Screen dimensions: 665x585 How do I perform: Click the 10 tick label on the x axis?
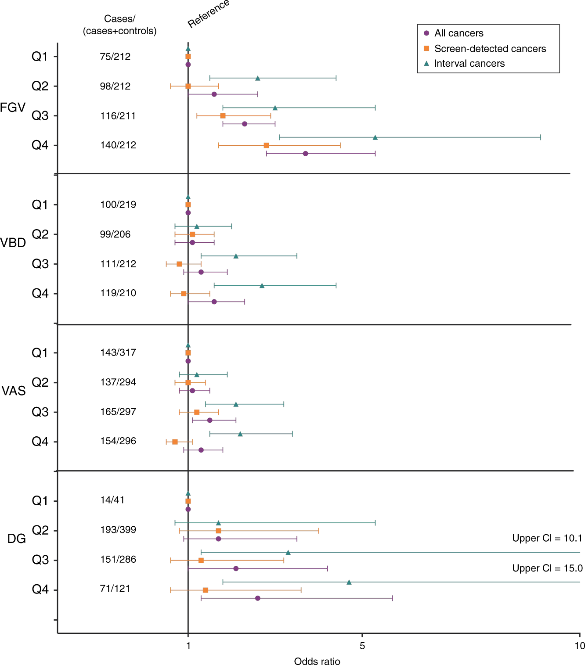580,645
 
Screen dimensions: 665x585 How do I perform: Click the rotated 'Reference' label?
209,14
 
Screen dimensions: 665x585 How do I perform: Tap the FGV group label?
13,108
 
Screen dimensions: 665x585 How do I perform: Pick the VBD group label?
13,243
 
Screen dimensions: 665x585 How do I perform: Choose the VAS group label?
14,391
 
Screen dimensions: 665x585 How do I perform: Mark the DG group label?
17,539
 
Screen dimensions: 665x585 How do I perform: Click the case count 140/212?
118,145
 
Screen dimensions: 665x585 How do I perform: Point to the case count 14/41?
112,500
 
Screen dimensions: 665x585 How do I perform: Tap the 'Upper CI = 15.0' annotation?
547,568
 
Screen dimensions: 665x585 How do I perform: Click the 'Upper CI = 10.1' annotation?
547,539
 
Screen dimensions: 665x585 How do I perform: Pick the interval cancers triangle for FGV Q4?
375,137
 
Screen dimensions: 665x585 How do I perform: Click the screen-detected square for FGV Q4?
266,145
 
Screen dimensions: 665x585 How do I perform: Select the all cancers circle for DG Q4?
258,598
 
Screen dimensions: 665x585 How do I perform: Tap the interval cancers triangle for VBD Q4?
262,286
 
